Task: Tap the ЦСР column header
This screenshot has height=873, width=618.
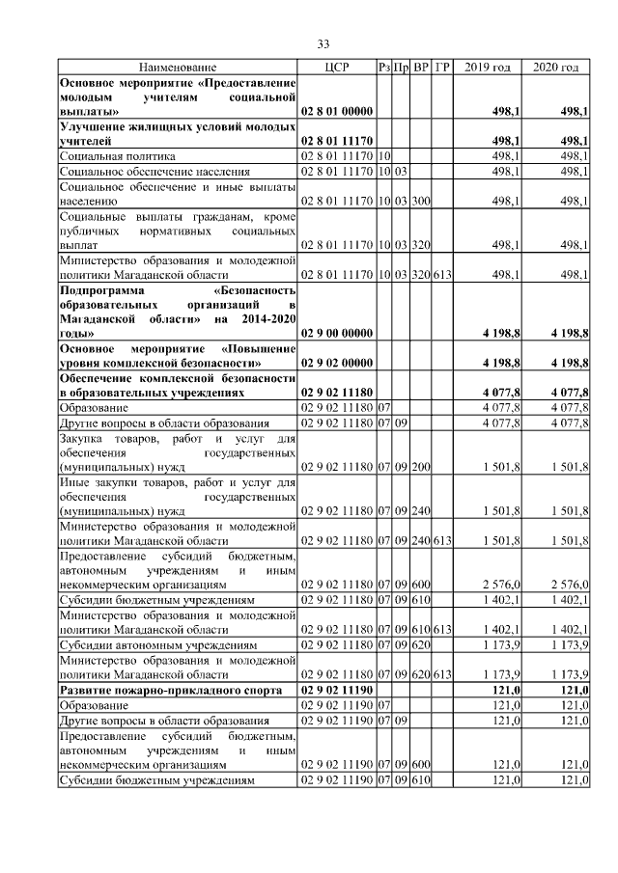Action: [337, 67]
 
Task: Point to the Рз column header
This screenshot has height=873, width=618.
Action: [384, 67]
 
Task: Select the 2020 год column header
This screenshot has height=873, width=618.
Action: [555, 67]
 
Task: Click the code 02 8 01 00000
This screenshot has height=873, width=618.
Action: [337, 112]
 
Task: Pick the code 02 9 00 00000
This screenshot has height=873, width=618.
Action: [337, 333]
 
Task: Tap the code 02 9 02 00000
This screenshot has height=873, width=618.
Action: [337, 363]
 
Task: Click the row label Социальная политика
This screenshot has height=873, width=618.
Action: [117, 155]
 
